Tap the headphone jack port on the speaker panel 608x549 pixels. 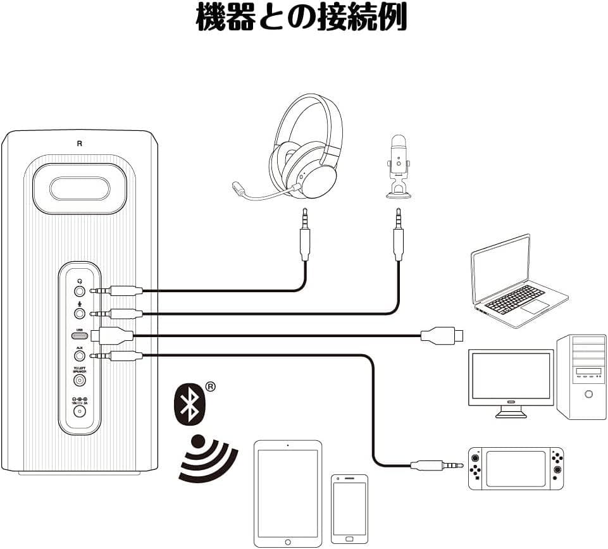pyautogui.click(x=80, y=291)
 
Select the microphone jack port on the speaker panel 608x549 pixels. pyautogui.click(x=80, y=313)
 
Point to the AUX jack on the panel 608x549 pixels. pyautogui.click(x=80, y=356)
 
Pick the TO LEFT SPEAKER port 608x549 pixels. pyautogui.click(x=80, y=380)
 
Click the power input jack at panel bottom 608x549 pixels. pyautogui.click(x=80, y=411)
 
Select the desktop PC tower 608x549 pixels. pyautogui.click(x=581, y=376)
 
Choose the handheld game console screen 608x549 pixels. pyautogui.click(x=516, y=468)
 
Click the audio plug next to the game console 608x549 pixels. pyautogui.click(x=437, y=466)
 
